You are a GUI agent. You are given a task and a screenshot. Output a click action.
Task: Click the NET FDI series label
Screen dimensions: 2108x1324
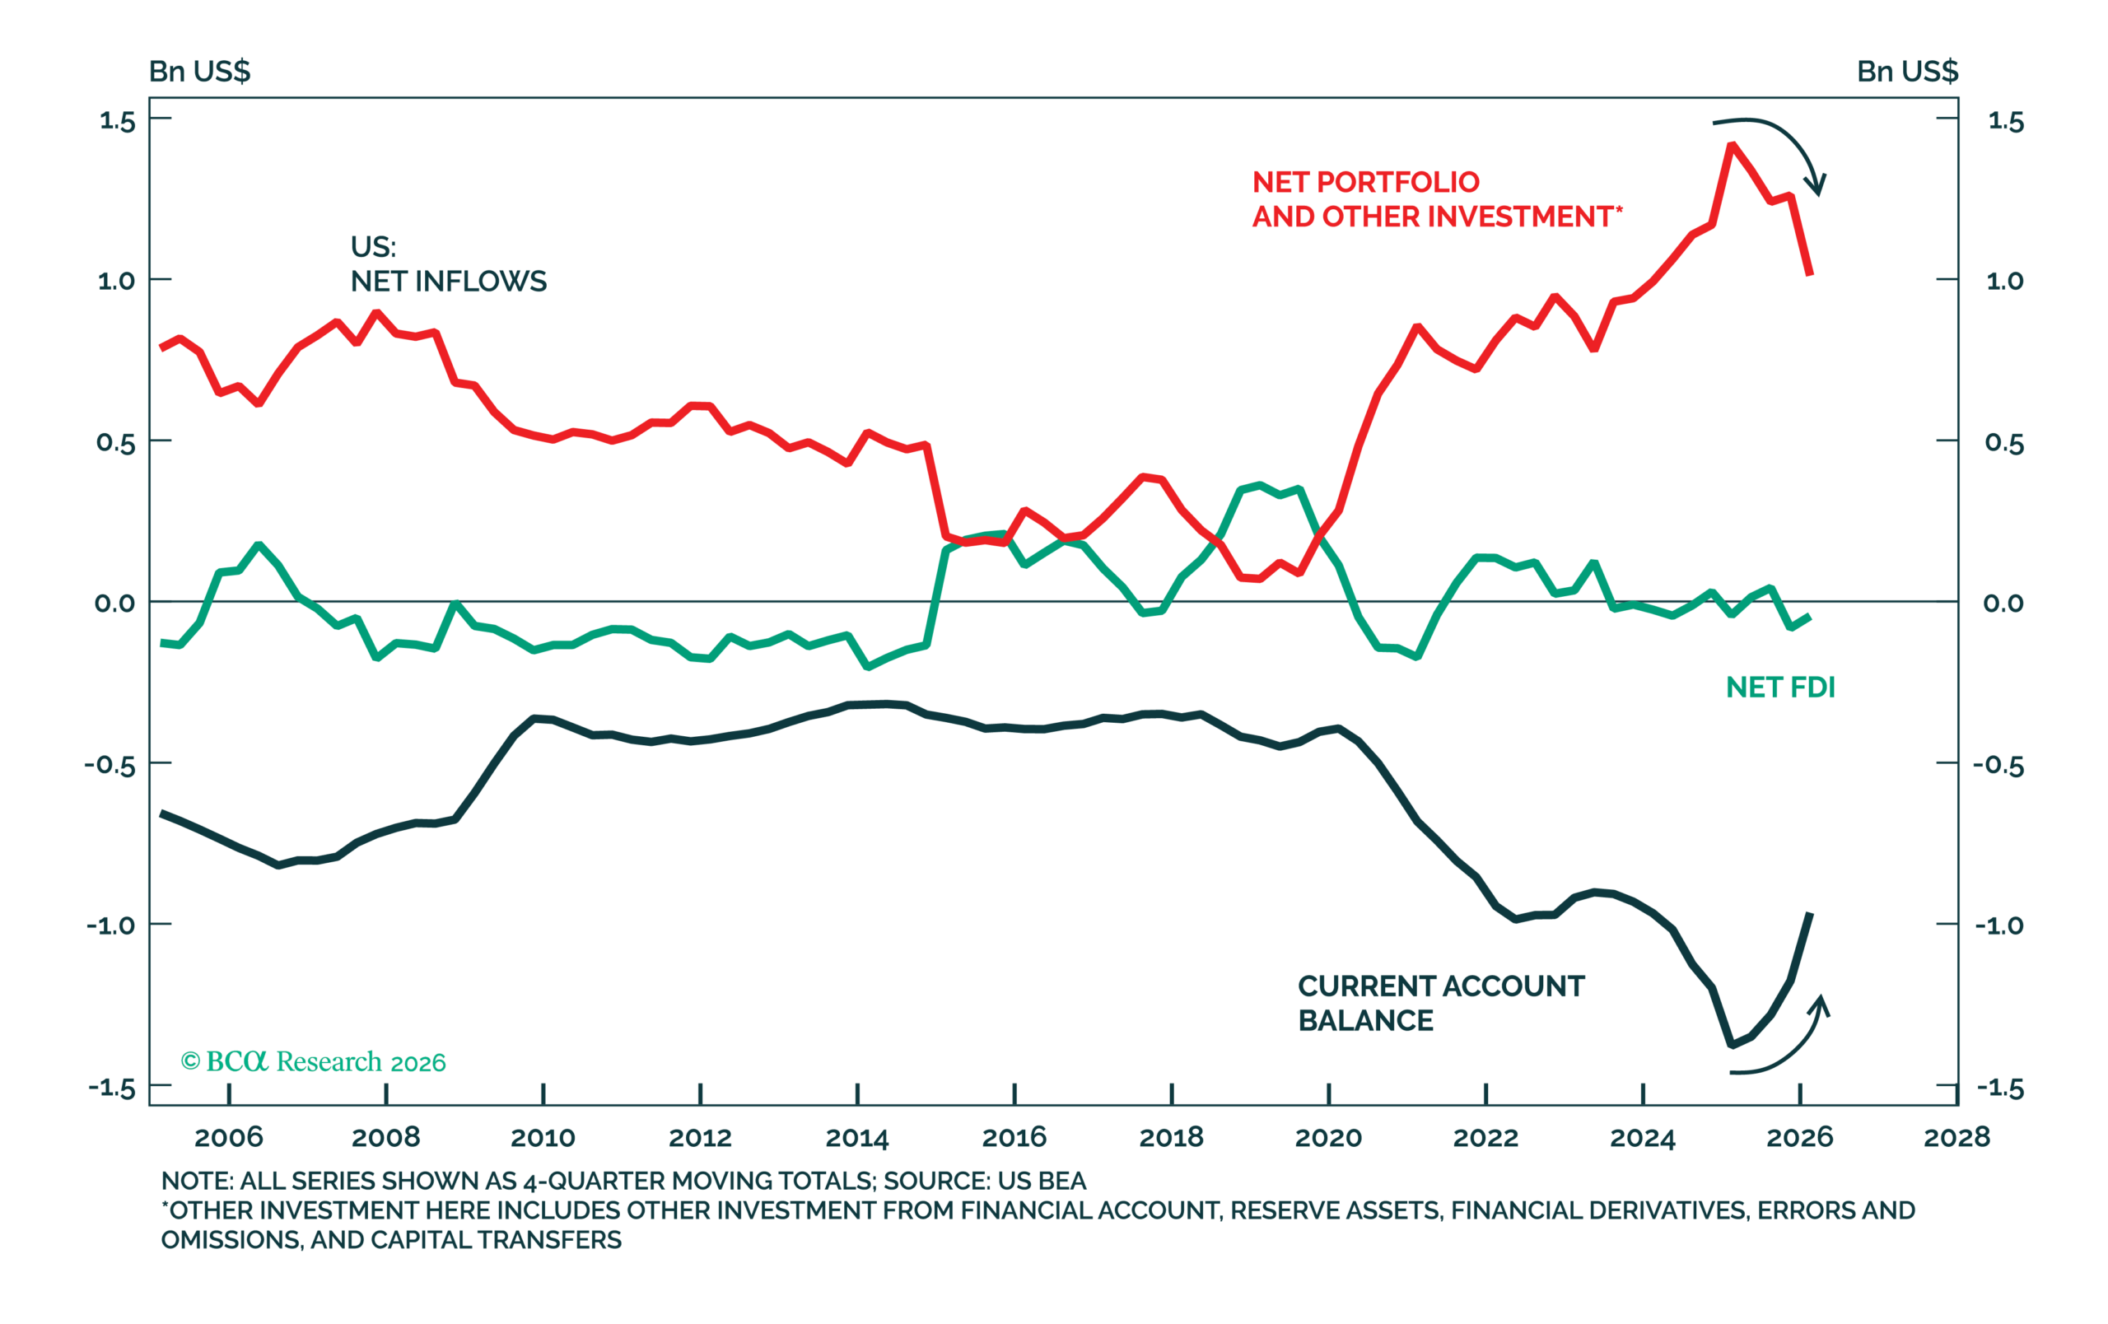pos(1779,687)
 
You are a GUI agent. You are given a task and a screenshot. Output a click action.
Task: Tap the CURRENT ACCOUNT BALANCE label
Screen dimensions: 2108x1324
pos(1441,1003)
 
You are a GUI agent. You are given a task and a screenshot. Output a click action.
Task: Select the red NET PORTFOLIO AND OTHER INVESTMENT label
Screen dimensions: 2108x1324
pos(1438,198)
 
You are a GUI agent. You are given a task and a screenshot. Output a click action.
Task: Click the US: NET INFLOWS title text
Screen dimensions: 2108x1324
pos(448,263)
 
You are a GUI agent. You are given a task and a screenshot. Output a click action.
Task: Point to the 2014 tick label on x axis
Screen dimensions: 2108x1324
pos(857,1138)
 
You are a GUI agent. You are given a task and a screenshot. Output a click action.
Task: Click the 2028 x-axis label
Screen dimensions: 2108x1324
pos(1956,1138)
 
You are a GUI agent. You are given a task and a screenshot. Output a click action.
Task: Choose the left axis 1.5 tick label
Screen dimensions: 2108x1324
pos(117,121)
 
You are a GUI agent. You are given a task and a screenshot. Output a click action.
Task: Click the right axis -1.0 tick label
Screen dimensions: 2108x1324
pos(1999,925)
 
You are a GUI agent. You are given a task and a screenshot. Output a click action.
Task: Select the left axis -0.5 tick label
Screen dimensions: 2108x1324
pos(110,766)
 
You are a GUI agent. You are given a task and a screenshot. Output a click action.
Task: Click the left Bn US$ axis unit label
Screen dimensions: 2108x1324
pos(199,71)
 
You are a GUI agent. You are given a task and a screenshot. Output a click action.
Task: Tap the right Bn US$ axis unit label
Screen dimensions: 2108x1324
pos(1908,71)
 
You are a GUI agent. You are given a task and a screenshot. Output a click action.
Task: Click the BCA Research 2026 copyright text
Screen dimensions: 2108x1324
pos(314,1061)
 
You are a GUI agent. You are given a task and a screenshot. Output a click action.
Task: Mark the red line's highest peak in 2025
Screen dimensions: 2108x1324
pos(1733,144)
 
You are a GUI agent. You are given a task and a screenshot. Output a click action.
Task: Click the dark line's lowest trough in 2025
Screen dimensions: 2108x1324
pos(1732,1045)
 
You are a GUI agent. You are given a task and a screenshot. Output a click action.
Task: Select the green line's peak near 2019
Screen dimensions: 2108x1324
pos(1260,485)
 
